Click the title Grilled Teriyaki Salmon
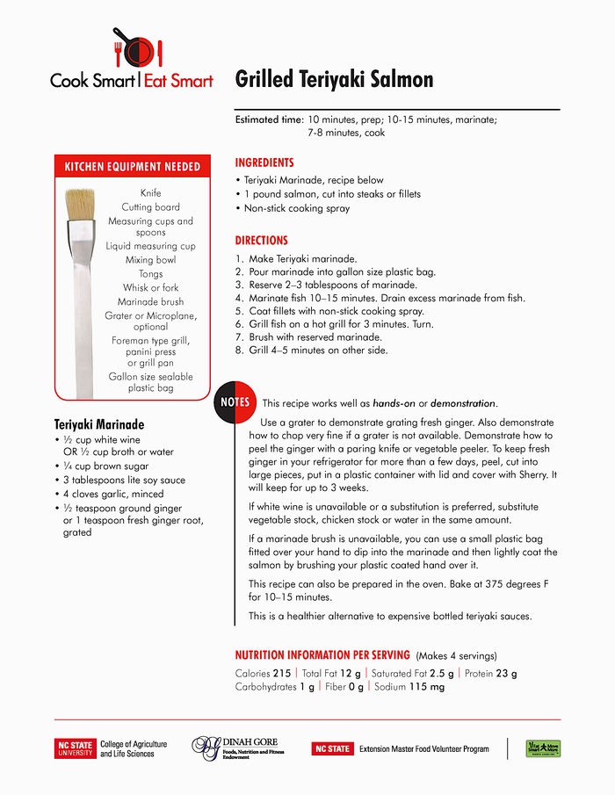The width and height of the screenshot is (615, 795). [x=334, y=80]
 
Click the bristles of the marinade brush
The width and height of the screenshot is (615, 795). [x=81, y=205]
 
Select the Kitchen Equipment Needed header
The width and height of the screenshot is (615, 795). [x=132, y=167]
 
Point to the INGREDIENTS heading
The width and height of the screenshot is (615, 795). [x=264, y=163]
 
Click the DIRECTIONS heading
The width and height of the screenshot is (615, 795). [x=261, y=241]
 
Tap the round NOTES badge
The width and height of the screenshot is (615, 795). [x=235, y=402]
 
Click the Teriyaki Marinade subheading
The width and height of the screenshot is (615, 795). [x=99, y=424]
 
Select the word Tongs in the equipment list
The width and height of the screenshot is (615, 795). [x=150, y=274]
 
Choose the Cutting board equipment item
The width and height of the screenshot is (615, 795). [x=150, y=207]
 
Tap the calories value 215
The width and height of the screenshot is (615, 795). [x=281, y=674]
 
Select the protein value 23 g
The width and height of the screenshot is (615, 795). [x=504, y=674]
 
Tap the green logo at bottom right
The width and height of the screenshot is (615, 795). [x=543, y=748]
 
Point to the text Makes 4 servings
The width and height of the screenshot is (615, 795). [x=456, y=655]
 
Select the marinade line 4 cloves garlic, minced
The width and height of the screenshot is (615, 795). [x=112, y=494]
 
